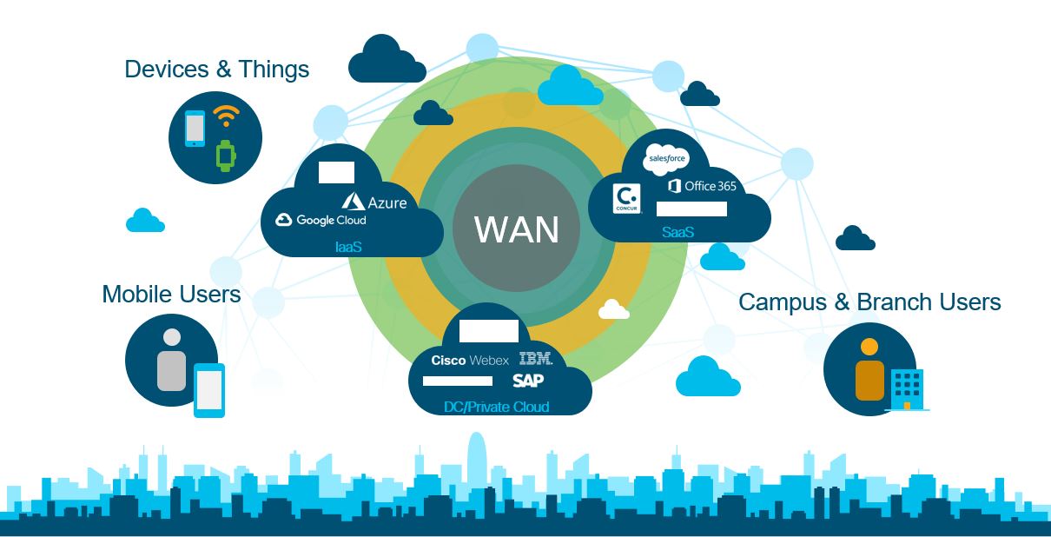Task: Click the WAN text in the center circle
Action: (x=516, y=230)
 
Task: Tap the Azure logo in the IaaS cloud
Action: (x=374, y=202)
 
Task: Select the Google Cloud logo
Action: (x=321, y=221)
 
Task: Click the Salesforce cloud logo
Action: (x=665, y=159)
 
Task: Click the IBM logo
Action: (x=535, y=359)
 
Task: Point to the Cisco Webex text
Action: (x=470, y=360)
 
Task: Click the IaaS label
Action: (x=348, y=248)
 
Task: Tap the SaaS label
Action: (x=678, y=232)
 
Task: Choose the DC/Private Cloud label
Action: (x=496, y=406)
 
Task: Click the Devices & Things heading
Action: (x=216, y=70)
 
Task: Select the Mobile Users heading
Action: (x=171, y=295)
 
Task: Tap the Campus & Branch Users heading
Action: (x=869, y=302)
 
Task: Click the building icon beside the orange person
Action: (x=907, y=388)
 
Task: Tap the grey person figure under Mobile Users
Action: (x=172, y=360)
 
